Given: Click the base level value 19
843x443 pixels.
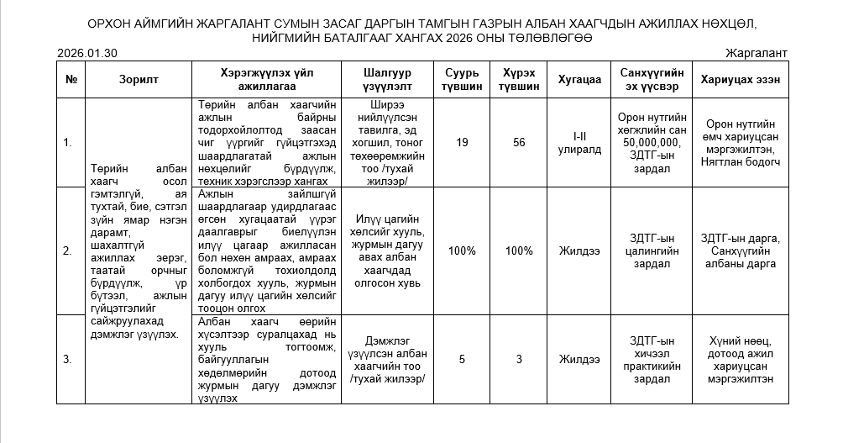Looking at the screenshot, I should pos(462,142).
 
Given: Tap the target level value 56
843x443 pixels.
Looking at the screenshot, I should pos(519,142).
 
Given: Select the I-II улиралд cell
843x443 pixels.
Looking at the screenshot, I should pos(581,142).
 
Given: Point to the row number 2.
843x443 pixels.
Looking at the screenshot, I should pos(68,251).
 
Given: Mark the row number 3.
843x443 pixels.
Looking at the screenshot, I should pos(68,360).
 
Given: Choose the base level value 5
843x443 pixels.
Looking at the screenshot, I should pos(462,360).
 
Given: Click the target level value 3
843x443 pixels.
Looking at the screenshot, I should pos(519,360).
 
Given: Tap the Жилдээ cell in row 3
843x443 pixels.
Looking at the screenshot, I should pos(581,360).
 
